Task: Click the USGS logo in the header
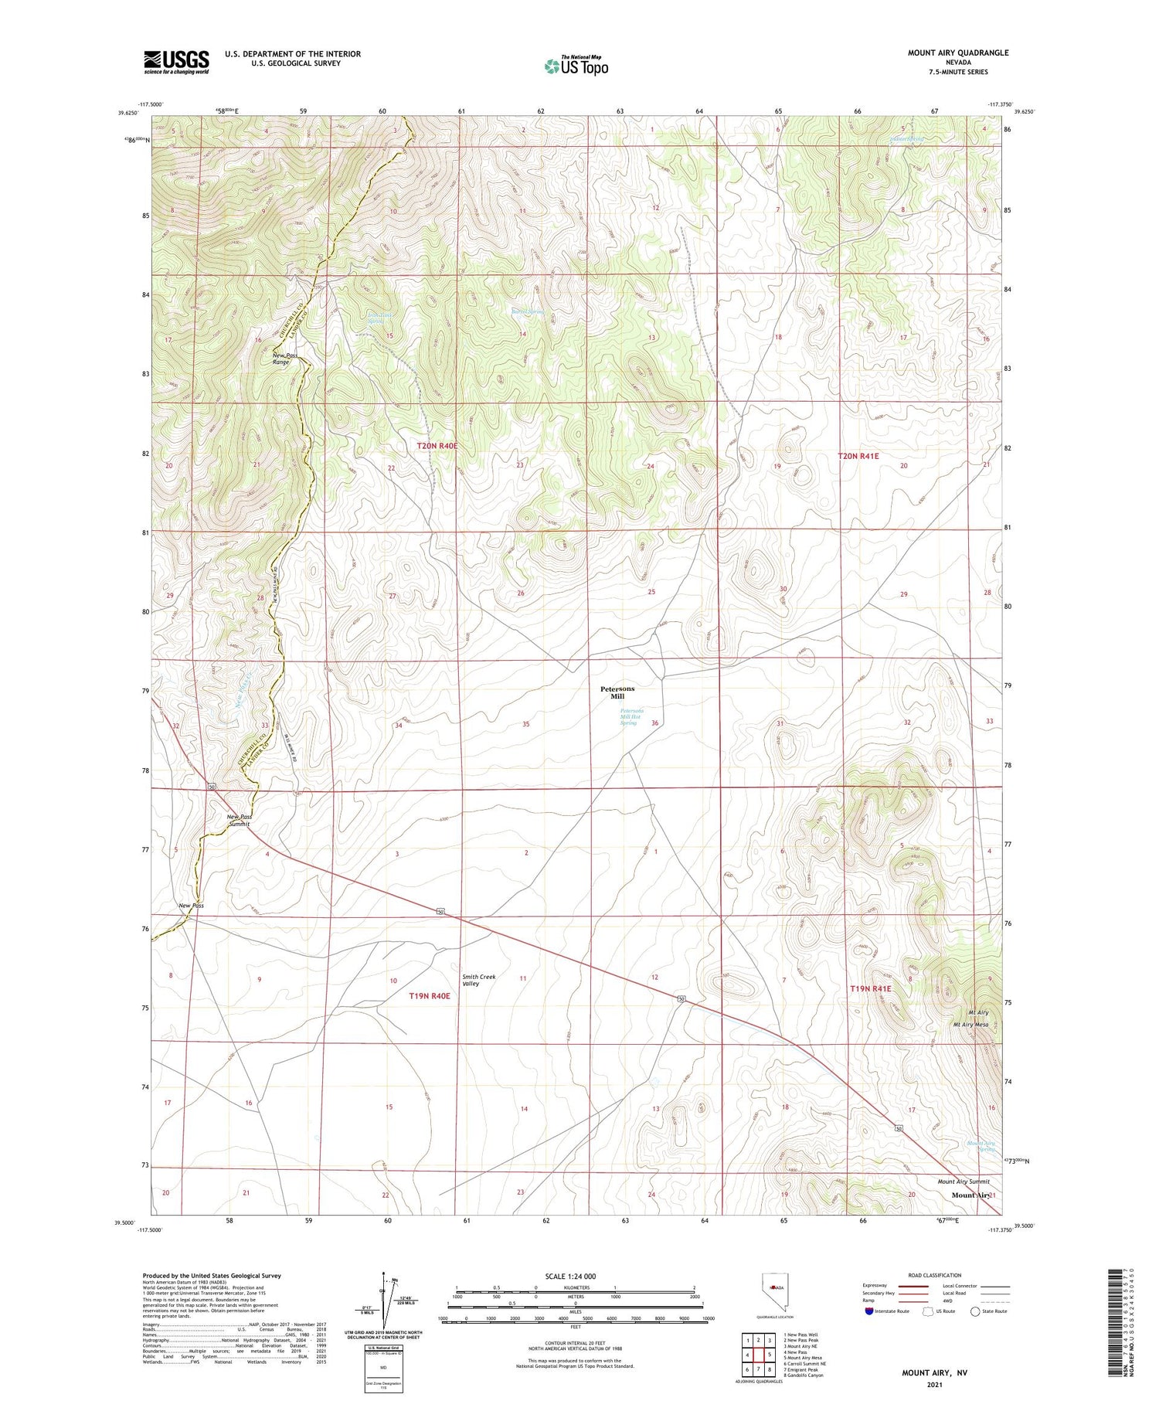coord(176,62)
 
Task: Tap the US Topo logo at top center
coord(576,66)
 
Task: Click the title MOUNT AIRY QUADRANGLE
coord(957,53)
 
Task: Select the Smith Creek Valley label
coord(478,980)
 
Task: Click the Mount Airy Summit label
coord(963,1182)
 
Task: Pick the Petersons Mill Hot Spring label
coord(631,716)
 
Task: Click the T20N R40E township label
coord(437,446)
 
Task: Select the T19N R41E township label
coord(870,988)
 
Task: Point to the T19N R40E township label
coord(429,996)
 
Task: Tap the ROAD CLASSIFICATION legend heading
coord(935,1275)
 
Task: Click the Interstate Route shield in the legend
coord(869,1311)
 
